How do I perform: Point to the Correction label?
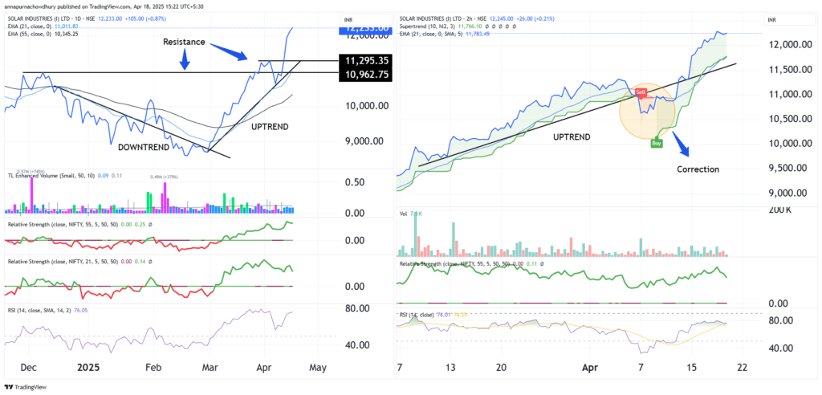tap(697, 169)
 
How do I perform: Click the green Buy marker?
tap(656, 143)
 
